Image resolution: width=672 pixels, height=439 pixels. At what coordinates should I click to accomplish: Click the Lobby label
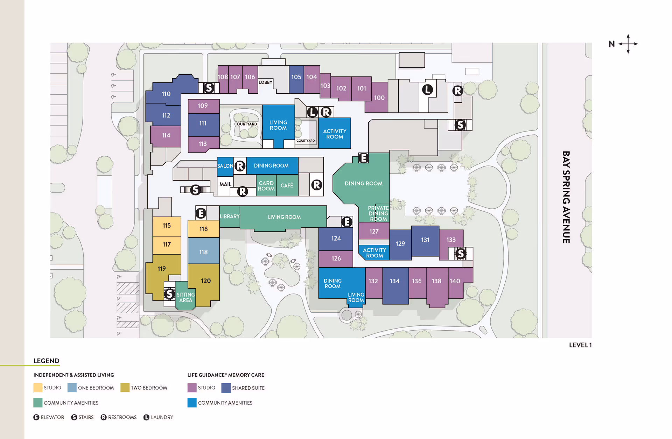265,82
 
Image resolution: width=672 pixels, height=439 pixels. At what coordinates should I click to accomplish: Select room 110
166,94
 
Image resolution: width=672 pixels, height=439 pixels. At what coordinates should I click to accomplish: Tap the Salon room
225,166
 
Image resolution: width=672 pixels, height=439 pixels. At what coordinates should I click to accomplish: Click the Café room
287,185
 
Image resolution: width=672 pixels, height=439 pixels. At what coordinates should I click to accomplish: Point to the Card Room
266,186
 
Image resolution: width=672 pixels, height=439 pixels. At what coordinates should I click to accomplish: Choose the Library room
230,216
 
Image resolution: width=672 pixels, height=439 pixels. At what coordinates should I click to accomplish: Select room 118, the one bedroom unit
203,252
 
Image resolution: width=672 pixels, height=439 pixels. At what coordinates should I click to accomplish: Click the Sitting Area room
185,297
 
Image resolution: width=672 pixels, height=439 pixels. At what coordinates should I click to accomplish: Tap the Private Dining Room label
378,213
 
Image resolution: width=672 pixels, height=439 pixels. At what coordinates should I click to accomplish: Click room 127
374,231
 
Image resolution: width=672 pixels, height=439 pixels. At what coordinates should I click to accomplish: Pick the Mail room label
225,184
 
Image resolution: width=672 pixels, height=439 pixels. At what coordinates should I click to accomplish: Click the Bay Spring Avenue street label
566,197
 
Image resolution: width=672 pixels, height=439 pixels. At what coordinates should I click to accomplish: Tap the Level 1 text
580,345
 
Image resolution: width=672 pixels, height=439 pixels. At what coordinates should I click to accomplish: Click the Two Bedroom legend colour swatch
125,387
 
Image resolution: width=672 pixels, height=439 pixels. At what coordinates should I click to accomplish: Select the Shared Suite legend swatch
226,388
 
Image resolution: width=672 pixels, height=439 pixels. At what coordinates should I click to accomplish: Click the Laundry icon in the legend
146,417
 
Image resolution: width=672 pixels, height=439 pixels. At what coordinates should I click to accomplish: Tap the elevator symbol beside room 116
201,213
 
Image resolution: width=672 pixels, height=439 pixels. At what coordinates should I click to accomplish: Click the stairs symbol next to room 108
209,88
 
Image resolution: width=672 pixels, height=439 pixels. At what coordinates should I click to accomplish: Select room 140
455,281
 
